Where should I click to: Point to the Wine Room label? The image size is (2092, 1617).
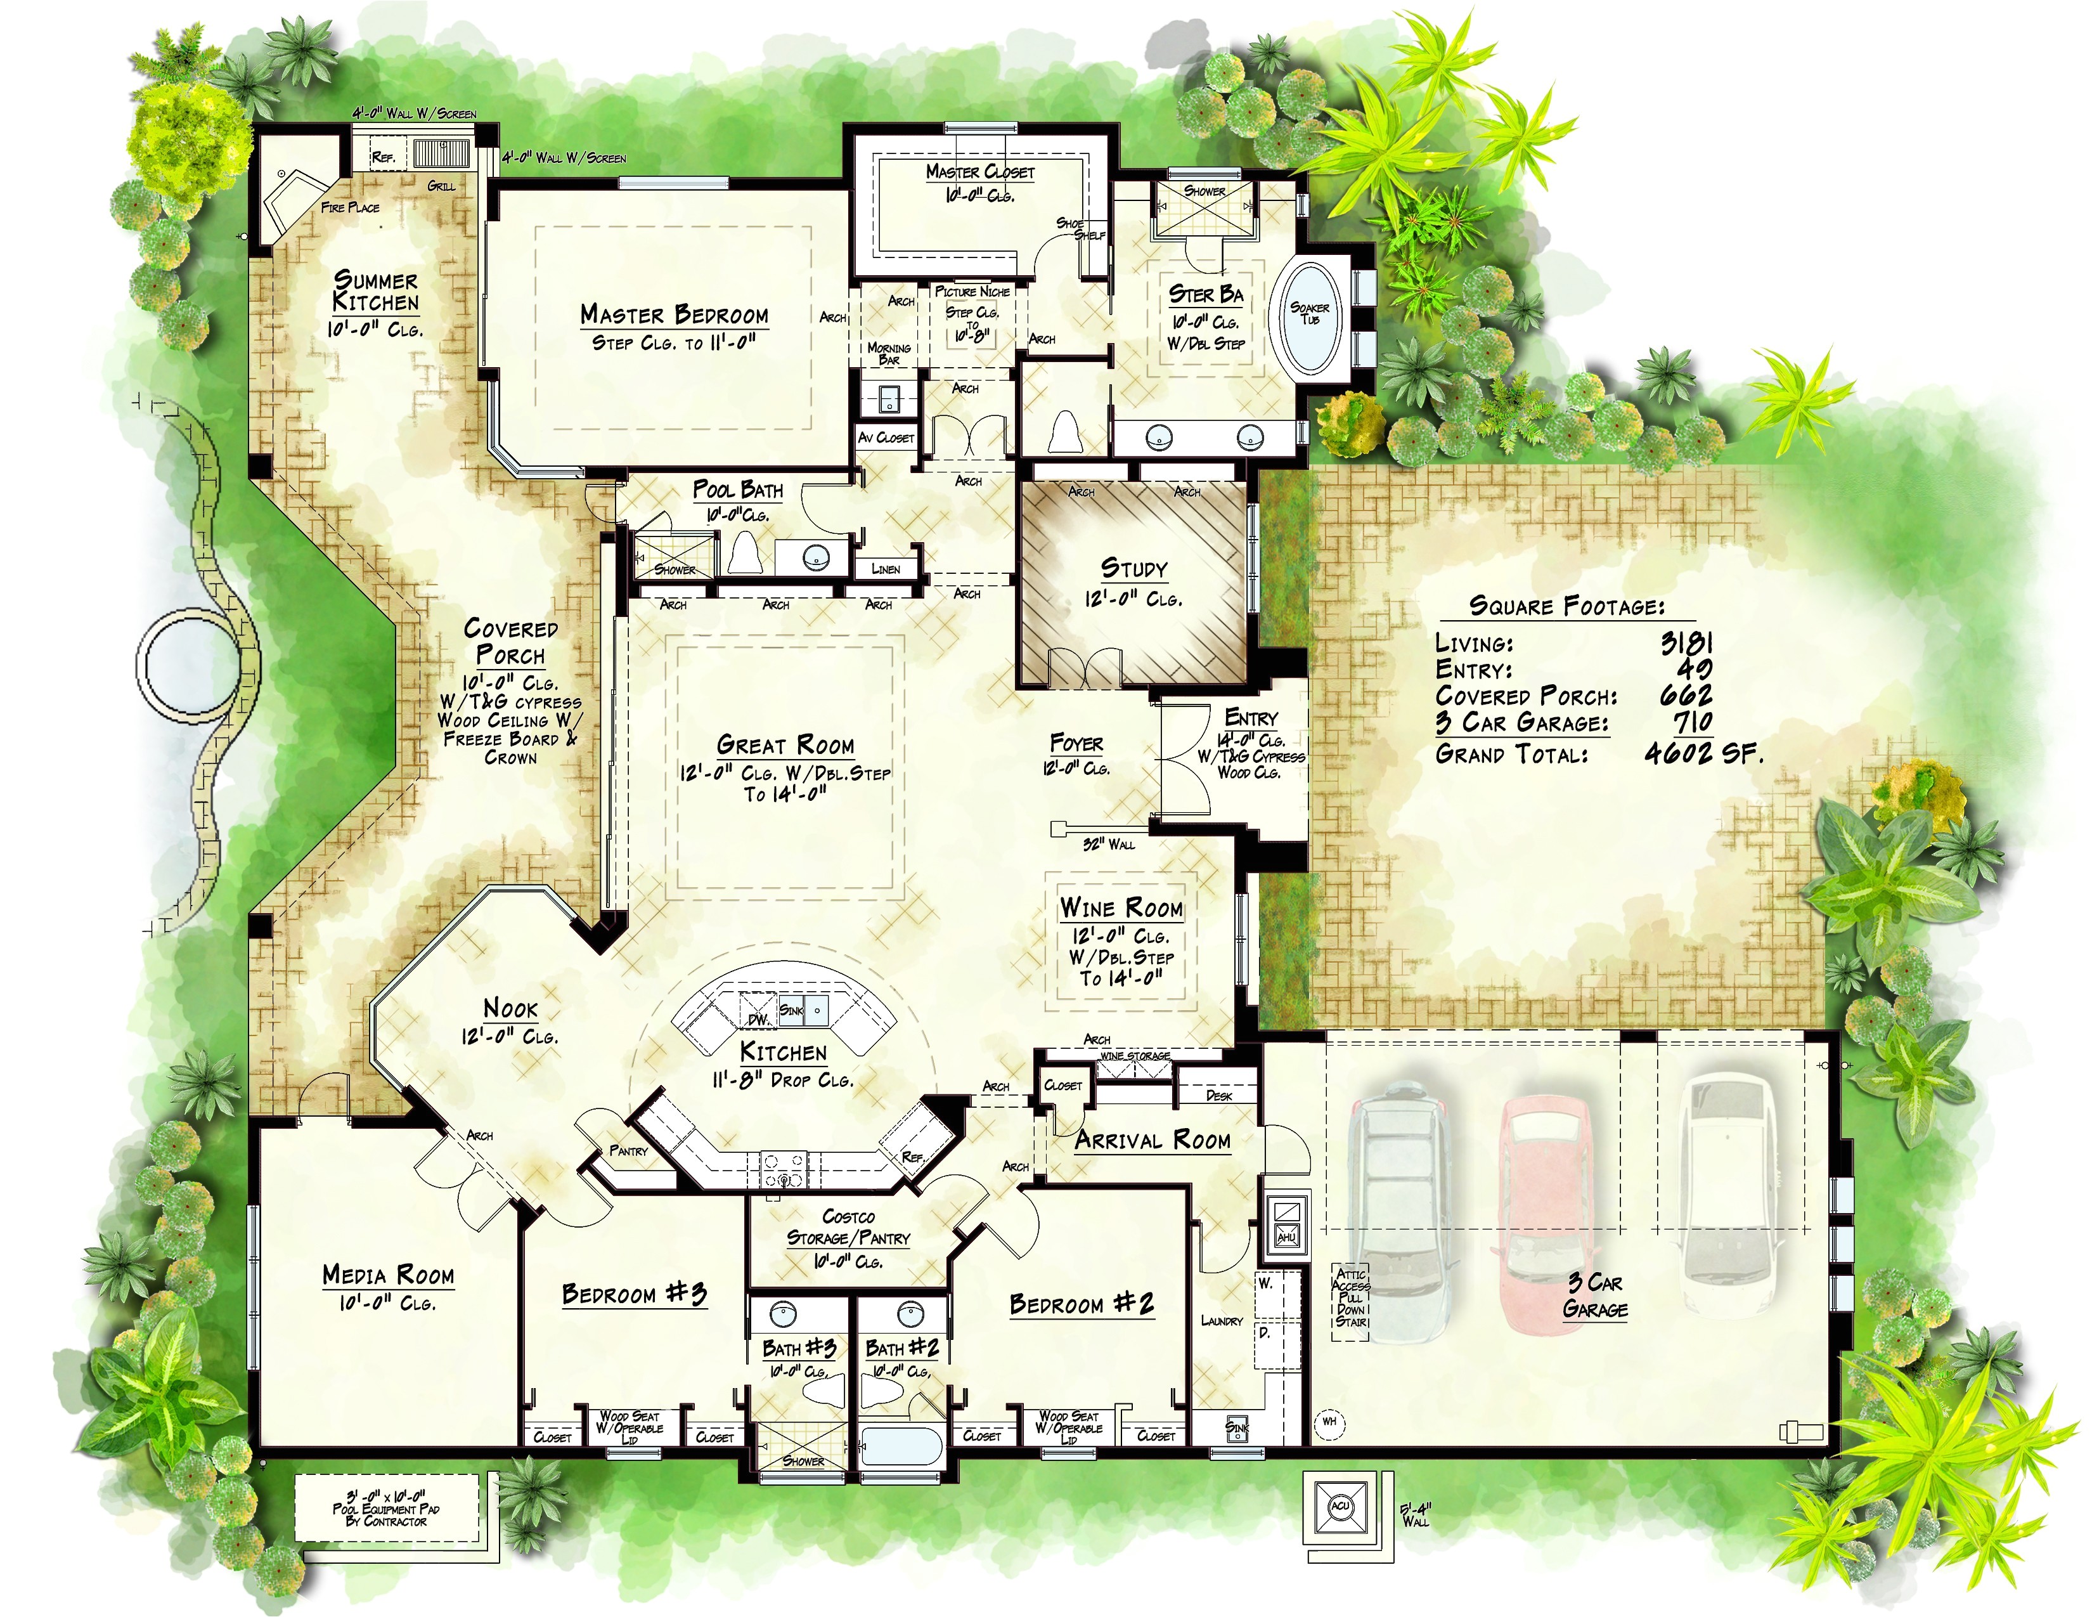(x=1121, y=907)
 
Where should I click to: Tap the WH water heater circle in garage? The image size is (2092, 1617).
(x=1329, y=1422)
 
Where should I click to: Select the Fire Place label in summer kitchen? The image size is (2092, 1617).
(x=350, y=207)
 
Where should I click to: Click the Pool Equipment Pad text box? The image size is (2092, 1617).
(x=387, y=1508)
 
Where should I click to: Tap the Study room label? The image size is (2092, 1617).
(x=1134, y=568)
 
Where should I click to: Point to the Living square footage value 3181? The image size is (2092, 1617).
(x=1686, y=643)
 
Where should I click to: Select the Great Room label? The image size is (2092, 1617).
(x=785, y=745)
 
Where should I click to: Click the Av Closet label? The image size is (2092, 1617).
(x=886, y=438)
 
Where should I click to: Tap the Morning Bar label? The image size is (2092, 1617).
(x=889, y=353)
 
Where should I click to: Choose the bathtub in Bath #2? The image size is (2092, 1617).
(x=900, y=1446)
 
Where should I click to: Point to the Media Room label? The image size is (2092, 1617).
(x=388, y=1275)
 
